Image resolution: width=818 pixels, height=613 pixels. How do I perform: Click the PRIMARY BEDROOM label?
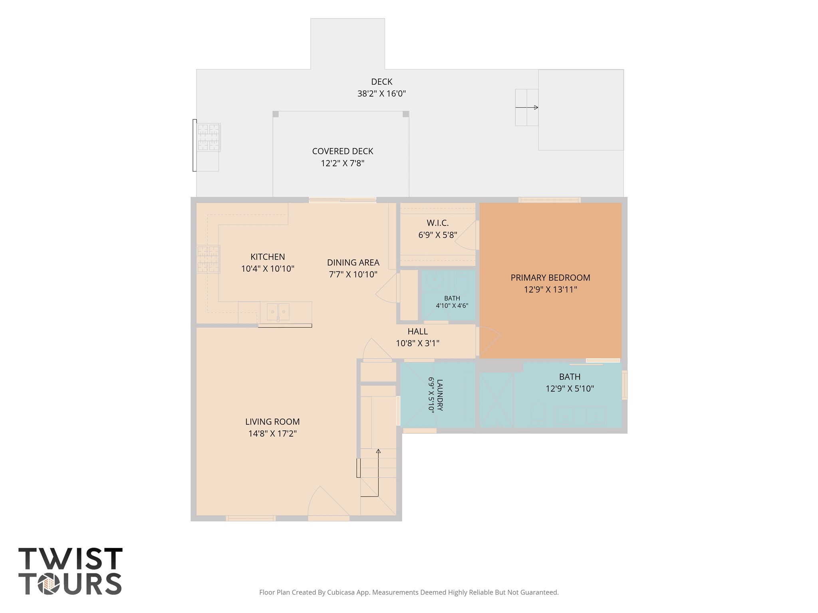pyautogui.click(x=550, y=278)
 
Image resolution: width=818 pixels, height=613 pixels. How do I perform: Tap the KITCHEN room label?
pyautogui.click(x=268, y=257)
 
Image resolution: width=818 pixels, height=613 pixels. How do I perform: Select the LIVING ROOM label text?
pyautogui.click(x=272, y=422)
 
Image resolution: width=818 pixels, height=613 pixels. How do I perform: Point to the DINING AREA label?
pyautogui.click(x=353, y=263)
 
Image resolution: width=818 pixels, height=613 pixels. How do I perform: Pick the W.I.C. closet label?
pyautogui.click(x=438, y=223)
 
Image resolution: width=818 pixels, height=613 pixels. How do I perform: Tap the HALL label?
pyautogui.click(x=418, y=332)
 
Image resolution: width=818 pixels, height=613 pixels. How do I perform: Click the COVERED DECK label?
pyautogui.click(x=343, y=152)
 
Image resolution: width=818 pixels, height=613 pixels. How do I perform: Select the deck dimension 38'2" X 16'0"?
pyautogui.click(x=381, y=94)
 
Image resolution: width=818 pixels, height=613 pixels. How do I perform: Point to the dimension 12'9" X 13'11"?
pyautogui.click(x=550, y=290)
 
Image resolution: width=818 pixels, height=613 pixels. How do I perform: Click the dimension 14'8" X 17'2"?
pyautogui.click(x=272, y=434)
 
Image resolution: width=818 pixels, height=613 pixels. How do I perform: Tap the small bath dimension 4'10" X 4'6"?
pyautogui.click(x=452, y=306)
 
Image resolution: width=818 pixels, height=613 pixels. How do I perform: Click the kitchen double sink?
pyautogui.click(x=278, y=311)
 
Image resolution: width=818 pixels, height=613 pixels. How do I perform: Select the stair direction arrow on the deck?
pyautogui.click(x=526, y=107)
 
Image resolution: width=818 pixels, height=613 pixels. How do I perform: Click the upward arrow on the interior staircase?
pyautogui.click(x=378, y=473)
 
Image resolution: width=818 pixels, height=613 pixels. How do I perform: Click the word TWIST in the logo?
pyautogui.click(x=70, y=559)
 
